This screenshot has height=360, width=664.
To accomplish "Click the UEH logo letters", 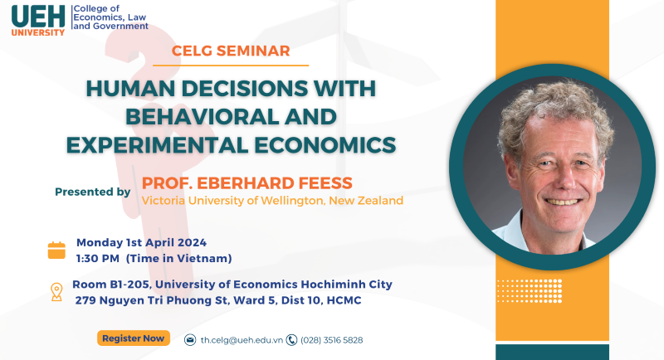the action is pos(38,17).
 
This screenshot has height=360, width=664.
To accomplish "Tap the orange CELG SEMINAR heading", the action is pos(231,51).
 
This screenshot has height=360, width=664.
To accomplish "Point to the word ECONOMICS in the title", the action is pos(325,145).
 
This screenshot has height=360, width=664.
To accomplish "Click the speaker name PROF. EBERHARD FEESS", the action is pos(247,183).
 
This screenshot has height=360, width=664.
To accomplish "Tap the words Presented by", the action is pos(93,192).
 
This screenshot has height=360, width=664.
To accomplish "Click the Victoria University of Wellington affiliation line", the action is pos(272,201).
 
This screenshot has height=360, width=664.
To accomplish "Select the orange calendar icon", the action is pos(56,250).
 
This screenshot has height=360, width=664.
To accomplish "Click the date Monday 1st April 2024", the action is pos(141,243).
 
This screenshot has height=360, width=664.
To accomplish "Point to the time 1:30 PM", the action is pos(98,259).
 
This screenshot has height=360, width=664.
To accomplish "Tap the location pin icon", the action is pos(56,292).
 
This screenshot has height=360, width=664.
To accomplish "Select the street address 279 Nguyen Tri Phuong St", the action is pos(152,300).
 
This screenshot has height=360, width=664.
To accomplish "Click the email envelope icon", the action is pos(190,340).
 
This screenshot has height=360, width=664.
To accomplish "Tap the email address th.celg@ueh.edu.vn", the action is pos(242,340).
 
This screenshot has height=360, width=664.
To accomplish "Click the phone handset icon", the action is pos(291,340).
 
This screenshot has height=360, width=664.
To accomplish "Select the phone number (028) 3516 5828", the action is pos(331,340).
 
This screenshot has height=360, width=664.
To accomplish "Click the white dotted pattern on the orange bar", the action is pos(530,291).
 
